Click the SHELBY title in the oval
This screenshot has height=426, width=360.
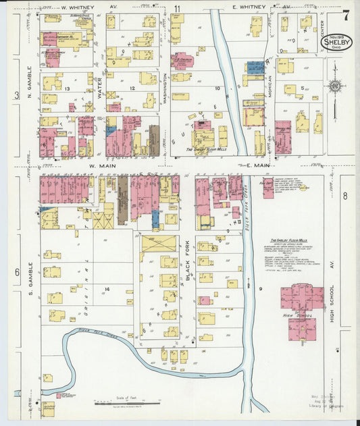point(336,43)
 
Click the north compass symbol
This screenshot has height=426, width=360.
point(332,86)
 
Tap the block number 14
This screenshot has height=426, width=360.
point(106,288)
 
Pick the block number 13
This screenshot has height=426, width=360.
point(67,88)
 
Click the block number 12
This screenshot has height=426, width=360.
point(132,88)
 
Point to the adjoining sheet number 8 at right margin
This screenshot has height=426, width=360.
point(344,196)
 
